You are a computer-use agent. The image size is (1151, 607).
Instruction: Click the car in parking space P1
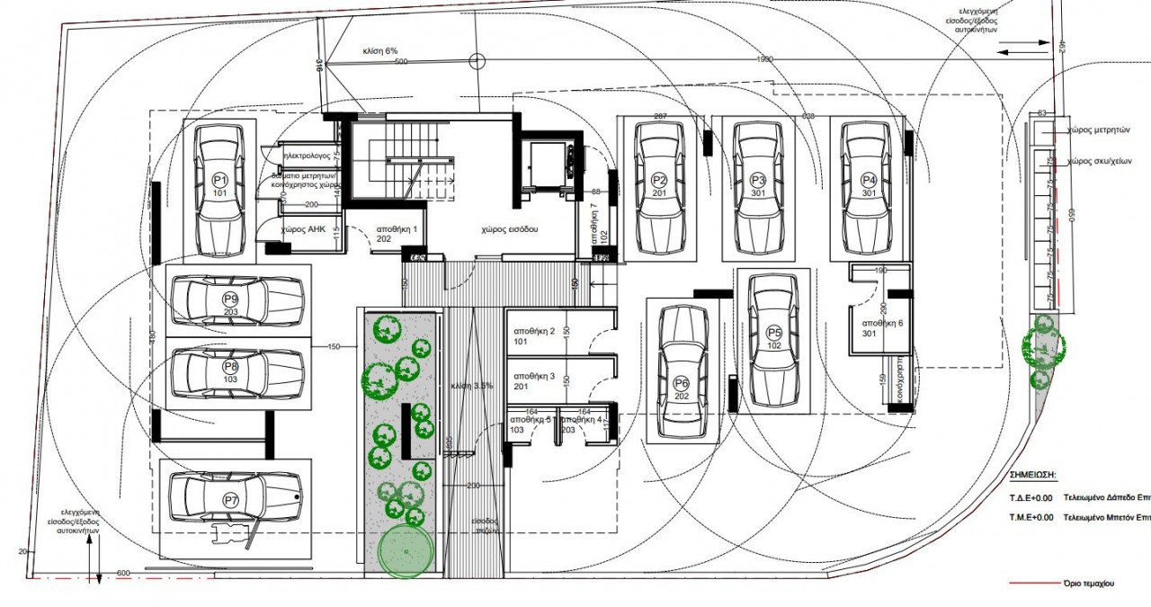220,190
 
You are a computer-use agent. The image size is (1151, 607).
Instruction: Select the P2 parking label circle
659,179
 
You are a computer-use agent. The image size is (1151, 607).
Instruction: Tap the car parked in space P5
774,339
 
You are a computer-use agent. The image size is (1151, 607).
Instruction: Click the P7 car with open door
236,499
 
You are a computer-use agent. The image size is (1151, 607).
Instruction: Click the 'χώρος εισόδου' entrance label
508,229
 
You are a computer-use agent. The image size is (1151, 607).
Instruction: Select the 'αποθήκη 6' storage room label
882,323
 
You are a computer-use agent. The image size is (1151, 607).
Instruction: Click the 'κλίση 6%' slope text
379,51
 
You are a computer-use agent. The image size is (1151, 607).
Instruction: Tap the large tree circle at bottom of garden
406,551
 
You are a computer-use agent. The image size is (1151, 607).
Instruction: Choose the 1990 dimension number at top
763,60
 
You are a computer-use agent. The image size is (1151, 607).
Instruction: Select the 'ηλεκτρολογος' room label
308,156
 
